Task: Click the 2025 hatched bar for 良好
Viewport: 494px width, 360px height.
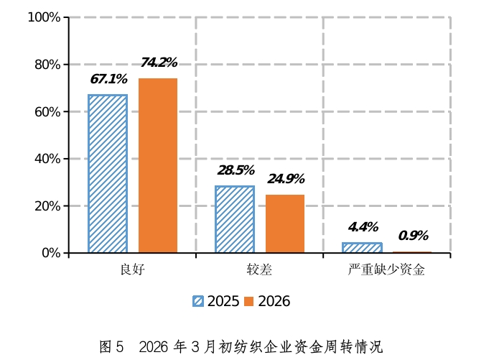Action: point(108,174)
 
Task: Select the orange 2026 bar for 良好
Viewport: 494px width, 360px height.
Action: point(158,165)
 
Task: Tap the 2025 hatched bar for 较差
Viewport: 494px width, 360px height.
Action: point(235,219)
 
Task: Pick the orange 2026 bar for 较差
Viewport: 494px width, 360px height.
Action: point(285,223)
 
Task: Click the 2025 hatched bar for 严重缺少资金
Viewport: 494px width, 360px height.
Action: point(362,248)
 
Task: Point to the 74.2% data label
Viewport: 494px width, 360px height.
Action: point(159,63)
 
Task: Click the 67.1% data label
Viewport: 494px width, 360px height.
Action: point(108,79)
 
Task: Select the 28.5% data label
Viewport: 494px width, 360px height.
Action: point(236,170)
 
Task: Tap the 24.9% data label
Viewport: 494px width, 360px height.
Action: point(286,179)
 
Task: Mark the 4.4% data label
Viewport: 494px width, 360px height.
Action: point(363,228)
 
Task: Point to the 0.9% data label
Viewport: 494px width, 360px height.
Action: point(413,236)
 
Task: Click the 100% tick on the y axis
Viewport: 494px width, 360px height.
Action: point(44,17)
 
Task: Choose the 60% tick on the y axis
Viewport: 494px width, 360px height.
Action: point(47,111)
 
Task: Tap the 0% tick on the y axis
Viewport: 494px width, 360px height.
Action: point(51,253)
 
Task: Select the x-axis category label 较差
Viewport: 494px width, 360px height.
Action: point(260,270)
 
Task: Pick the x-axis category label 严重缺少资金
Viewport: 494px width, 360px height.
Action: point(386,270)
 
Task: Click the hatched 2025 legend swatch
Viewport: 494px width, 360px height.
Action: point(198,301)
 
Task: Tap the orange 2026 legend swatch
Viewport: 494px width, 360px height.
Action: point(249,301)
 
